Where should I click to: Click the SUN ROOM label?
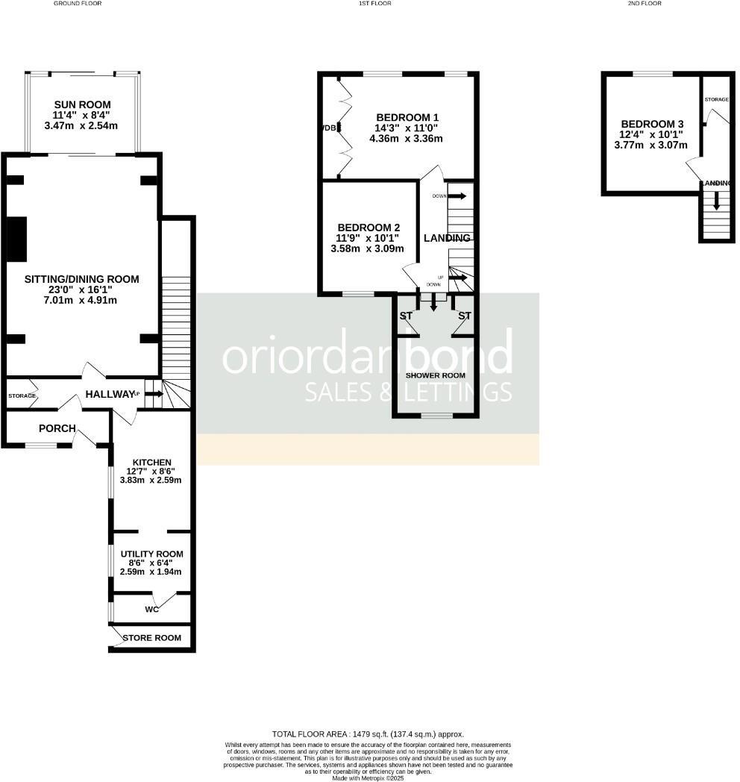pyautogui.click(x=82, y=104)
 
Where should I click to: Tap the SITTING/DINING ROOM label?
pyautogui.click(x=82, y=279)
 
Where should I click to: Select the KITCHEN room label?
pyautogui.click(x=151, y=462)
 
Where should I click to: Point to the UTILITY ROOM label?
pyautogui.click(x=151, y=554)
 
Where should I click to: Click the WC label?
pyautogui.click(x=152, y=609)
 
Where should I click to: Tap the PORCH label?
pyautogui.click(x=57, y=428)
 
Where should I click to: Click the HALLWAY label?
pyautogui.click(x=109, y=394)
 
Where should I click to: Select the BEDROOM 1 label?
pyautogui.click(x=407, y=117)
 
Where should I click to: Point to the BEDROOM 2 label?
pyautogui.click(x=369, y=228)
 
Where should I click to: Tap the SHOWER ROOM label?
pyautogui.click(x=436, y=375)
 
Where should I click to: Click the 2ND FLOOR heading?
pyautogui.click(x=645, y=4)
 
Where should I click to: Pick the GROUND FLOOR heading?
pyautogui.click(x=78, y=4)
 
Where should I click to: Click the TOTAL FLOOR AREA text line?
pyautogui.click(x=369, y=734)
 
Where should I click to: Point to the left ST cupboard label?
pyautogui.click(x=406, y=316)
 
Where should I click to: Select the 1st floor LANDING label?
pyautogui.click(x=447, y=238)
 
